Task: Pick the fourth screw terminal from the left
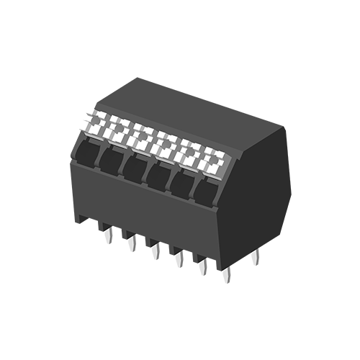pos(166,144)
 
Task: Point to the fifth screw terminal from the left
pos(189,150)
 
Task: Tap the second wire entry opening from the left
pos(112,160)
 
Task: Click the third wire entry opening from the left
pos(135,167)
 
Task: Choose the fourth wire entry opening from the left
pos(159,175)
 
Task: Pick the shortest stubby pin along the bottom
pos(229,278)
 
